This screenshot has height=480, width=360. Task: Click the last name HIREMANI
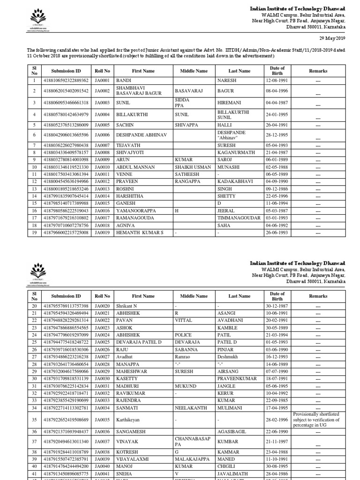[x=229, y=102]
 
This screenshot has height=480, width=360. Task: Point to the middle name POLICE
[x=184, y=336]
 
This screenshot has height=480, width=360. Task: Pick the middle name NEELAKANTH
[x=191, y=408]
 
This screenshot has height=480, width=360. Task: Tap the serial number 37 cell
[x=34, y=442]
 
